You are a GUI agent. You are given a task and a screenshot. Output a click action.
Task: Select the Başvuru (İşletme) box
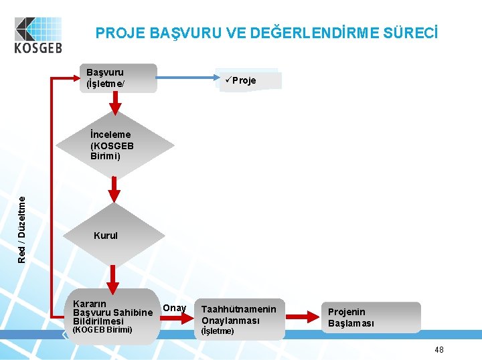[121, 78]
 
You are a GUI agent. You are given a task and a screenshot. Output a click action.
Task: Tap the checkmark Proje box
[248, 80]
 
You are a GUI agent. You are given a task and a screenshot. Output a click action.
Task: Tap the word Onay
[175, 308]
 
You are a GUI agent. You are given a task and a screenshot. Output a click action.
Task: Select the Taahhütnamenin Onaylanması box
[239, 316]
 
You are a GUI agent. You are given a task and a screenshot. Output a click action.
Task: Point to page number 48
[439, 349]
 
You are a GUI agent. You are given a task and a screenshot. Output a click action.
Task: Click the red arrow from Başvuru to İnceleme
[115, 103]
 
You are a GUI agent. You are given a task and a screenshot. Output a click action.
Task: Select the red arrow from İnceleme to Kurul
[115, 190]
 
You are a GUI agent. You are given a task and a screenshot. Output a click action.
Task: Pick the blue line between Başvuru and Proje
[187, 78]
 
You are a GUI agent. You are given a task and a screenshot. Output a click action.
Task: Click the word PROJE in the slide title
[117, 32]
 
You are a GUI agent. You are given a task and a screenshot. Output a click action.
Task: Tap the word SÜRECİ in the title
[410, 32]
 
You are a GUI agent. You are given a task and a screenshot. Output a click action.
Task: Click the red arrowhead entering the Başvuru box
[80, 78]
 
